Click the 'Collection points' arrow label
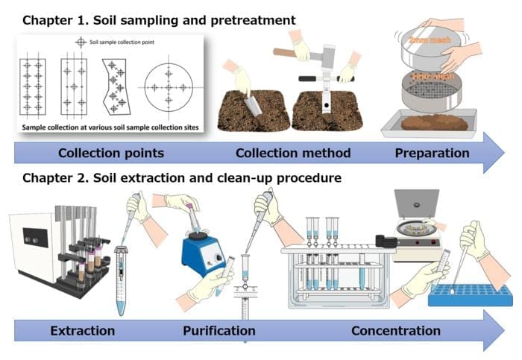(111, 154)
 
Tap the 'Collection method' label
(293, 154)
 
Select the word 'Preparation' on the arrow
(433, 154)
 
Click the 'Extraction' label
(82, 330)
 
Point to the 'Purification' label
(219, 330)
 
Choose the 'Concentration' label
(396, 330)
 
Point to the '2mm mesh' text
(422, 40)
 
